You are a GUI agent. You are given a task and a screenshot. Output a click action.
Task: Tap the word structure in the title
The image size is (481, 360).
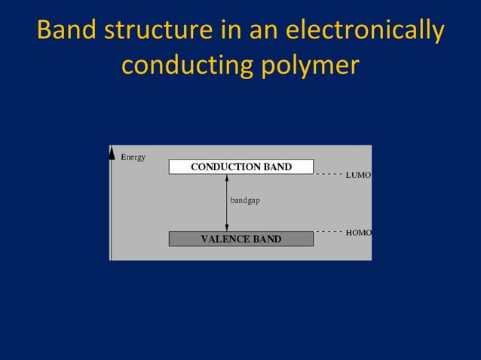pyautogui.click(x=155, y=31)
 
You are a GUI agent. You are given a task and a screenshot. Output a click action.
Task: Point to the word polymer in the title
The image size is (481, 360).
pyautogui.click(x=308, y=67)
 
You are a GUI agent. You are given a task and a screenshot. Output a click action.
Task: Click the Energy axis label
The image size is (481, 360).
pyautogui.click(x=133, y=157)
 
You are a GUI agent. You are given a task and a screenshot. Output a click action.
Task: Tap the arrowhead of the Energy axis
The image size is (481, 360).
pyautogui.click(x=112, y=151)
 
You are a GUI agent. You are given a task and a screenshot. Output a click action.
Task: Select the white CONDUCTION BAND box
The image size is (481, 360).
pyautogui.click(x=240, y=166)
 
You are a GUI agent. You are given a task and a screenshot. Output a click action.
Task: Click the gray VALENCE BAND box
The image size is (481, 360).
pyautogui.click(x=240, y=239)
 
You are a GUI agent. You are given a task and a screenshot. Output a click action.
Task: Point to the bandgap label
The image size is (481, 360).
pyautogui.click(x=245, y=201)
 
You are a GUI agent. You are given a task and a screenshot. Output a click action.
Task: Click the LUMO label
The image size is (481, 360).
pyautogui.click(x=358, y=175)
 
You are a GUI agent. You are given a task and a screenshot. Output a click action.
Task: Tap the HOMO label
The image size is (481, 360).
pyautogui.click(x=358, y=233)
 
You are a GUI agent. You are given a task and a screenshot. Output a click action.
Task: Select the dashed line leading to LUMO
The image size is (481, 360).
pyautogui.click(x=329, y=173)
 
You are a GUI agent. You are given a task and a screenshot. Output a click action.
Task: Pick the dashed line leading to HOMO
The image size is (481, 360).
pyautogui.click(x=329, y=231)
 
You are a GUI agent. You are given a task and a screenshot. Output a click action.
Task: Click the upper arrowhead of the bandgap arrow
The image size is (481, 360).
pyautogui.click(x=227, y=178)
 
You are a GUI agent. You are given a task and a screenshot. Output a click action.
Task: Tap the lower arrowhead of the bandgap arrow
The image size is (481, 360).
pyautogui.click(x=227, y=227)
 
